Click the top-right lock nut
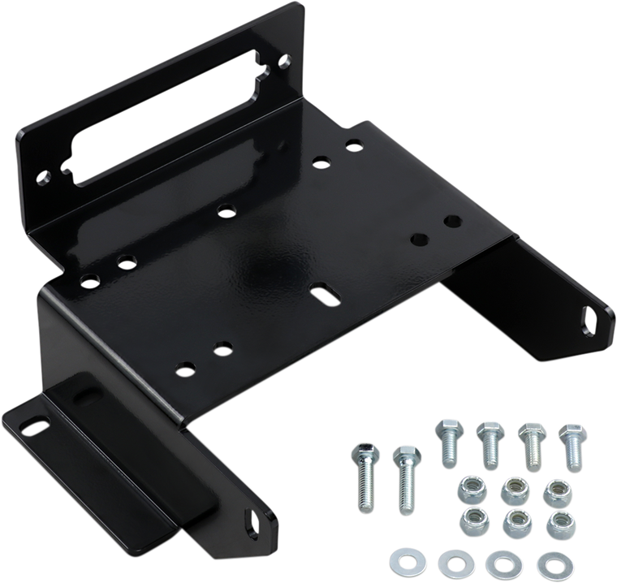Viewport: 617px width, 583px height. (554, 490)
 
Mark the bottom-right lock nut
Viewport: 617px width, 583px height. (555, 520)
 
